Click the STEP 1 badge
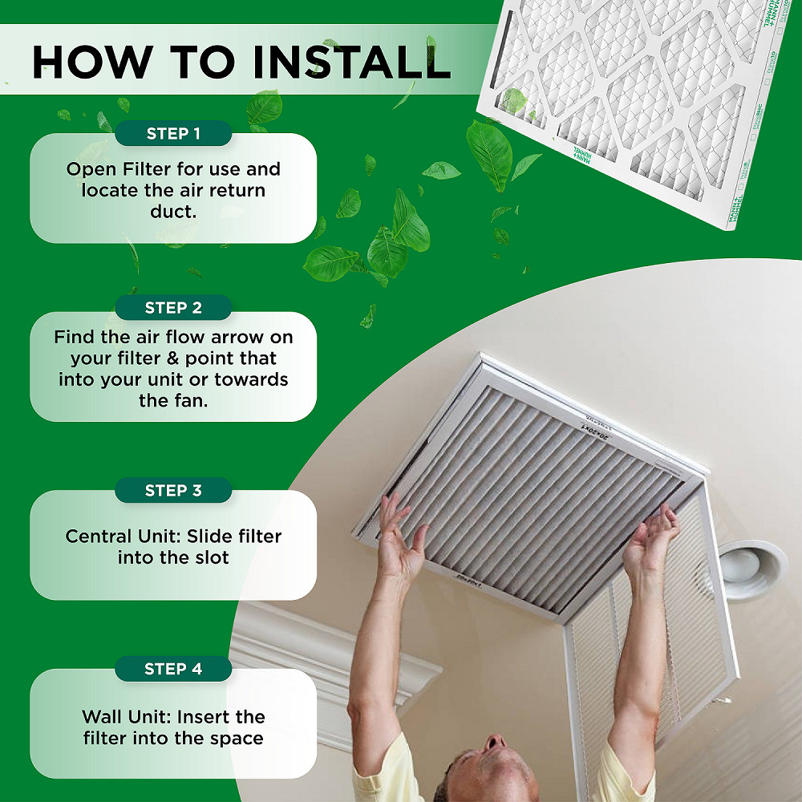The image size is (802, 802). point(173,134)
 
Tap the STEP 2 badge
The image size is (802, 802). point(173,308)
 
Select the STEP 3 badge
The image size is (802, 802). point(173,491)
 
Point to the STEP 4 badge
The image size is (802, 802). point(173,669)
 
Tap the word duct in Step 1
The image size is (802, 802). point(172,213)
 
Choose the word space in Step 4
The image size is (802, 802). point(234,738)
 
